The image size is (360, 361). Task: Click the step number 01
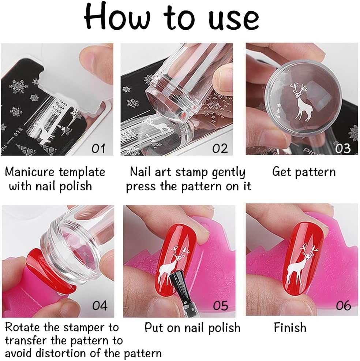[98, 149]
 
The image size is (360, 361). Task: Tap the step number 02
[220, 149]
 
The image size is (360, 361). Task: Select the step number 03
[343, 149]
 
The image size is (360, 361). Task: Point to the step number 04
[100, 306]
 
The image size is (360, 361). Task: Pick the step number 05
[220, 306]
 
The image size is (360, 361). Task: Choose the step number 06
[343, 306]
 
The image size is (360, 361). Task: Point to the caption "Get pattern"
[304, 172]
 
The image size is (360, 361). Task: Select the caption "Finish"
[290, 327]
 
